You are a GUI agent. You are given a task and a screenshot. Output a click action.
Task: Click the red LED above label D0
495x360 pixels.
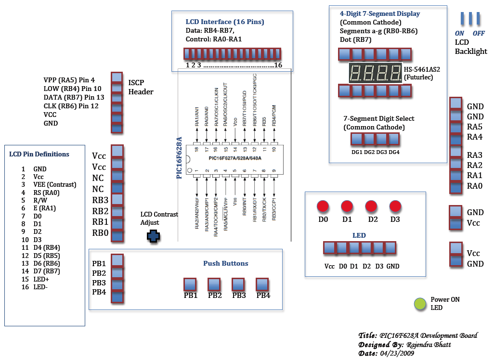coord(323,206)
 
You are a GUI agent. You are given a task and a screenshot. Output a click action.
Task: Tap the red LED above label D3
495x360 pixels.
coord(395,206)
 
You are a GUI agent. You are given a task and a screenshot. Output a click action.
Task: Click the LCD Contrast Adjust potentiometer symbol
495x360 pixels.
coord(154,236)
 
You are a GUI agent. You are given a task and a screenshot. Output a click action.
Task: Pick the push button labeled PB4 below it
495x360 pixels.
coord(262,284)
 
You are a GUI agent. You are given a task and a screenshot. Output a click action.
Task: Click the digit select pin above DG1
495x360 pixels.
coord(357,139)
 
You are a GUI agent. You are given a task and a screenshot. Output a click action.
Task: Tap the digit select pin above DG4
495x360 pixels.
coord(394,139)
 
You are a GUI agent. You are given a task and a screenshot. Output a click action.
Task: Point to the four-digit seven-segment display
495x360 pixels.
coord(376,73)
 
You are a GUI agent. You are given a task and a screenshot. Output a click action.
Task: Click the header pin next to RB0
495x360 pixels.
coord(117,234)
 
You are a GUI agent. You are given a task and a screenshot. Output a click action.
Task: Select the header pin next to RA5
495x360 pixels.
coord(456,128)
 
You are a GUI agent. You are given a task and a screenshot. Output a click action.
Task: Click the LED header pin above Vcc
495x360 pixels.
coord(329,248)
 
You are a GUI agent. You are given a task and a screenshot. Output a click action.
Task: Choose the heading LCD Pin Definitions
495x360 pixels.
coord(39,154)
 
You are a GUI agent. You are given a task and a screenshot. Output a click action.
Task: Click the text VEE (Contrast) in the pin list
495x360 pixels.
coord(54,185)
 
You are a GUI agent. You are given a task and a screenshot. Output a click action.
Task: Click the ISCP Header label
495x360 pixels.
coord(141,87)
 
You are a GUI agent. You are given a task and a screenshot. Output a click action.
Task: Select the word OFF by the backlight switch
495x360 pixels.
coord(479,33)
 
